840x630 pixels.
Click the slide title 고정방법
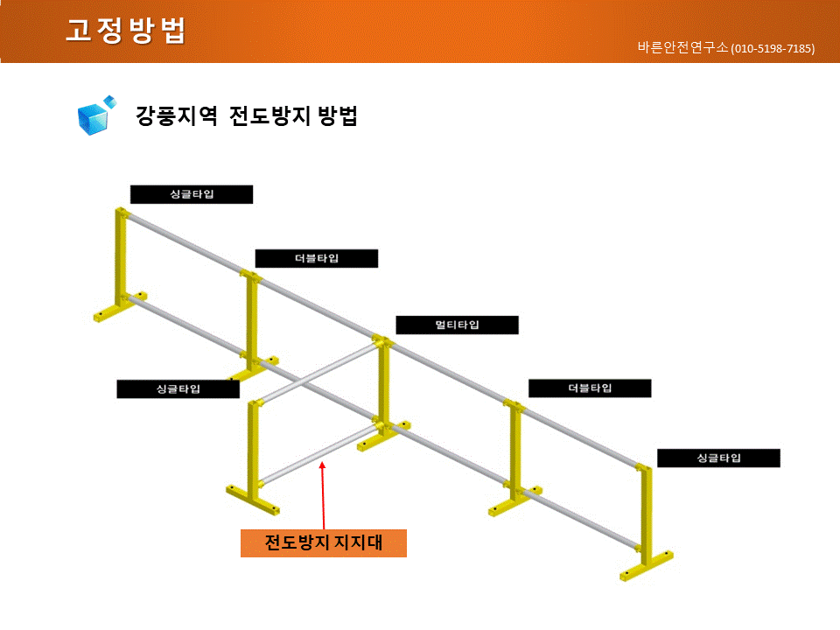click(x=126, y=30)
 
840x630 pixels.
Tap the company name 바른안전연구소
click(x=682, y=47)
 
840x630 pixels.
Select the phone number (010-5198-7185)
click(x=773, y=49)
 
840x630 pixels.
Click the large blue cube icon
click(x=94, y=118)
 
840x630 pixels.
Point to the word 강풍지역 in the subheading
click(x=176, y=115)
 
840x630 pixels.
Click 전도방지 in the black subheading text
click(x=269, y=115)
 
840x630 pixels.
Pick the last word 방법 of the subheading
click(x=338, y=115)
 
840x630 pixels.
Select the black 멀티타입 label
click(x=457, y=325)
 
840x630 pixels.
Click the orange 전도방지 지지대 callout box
click(x=324, y=542)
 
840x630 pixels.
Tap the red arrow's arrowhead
click(x=322, y=465)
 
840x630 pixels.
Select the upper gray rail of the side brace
click(x=318, y=374)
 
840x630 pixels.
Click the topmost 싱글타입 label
click(x=192, y=194)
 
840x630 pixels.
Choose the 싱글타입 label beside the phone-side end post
click(x=718, y=458)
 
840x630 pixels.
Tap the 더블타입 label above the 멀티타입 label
click(x=317, y=258)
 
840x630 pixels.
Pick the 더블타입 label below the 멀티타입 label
click(x=590, y=388)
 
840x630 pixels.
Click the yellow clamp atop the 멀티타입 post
click(x=382, y=341)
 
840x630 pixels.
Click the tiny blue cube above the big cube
click(x=110, y=101)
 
